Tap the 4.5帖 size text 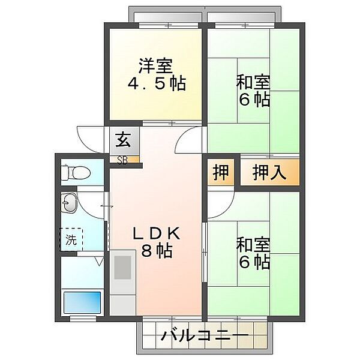point(156,83)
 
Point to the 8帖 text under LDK point(157,250)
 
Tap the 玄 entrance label point(123,142)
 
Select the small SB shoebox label point(122,160)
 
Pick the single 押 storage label point(221,172)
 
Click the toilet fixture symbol point(74,172)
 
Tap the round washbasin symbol point(69,204)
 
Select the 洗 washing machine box point(72,241)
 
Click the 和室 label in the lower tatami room point(253,244)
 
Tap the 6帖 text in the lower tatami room point(253,262)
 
